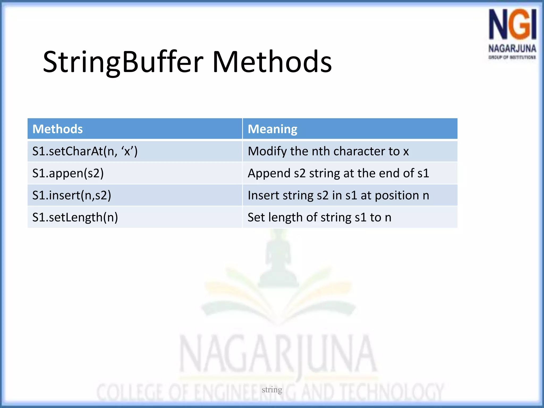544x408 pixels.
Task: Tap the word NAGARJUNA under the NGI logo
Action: click(x=512, y=49)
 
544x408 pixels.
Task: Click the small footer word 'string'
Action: click(x=272, y=389)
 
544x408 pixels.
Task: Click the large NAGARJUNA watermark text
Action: click(x=278, y=355)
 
